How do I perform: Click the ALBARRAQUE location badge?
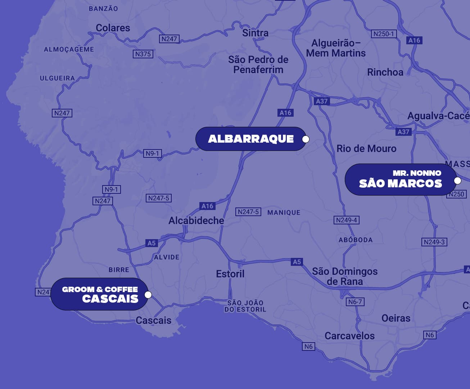pyautogui.click(x=250, y=139)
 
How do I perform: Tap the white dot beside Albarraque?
pyautogui.click(x=306, y=139)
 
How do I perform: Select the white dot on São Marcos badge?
pyautogui.click(x=457, y=180)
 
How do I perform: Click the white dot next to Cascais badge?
pyautogui.click(x=148, y=295)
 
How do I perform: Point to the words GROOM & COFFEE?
pyautogui.click(x=100, y=289)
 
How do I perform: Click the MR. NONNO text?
pyautogui.click(x=417, y=173)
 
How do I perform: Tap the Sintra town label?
pyautogui.click(x=255, y=33)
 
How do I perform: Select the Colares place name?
pyautogui.click(x=113, y=28)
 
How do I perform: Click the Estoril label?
pyautogui.click(x=230, y=274)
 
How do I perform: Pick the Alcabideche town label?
pyautogui.click(x=196, y=220)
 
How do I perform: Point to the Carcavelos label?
pyautogui.click(x=349, y=336)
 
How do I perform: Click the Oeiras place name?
pyautogui.click(x=396, y=318)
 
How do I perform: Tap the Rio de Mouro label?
pyautogui.click(x=366, y=148)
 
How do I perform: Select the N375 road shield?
pyautogui.click(x=143, y=54)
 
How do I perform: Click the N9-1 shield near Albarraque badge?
pyautogui.click(x=152, y=153)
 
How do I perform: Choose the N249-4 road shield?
pyautogui.click(x=347, y=220)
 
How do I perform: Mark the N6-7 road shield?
pyautogui.click(x=355, y=301)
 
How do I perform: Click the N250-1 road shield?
pyautogui.click(x=384, y=34)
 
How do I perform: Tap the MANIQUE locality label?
pyautogui.click(x=284, y=213)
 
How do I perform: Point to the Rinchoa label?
pyautogui.click(x=385, y=72)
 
